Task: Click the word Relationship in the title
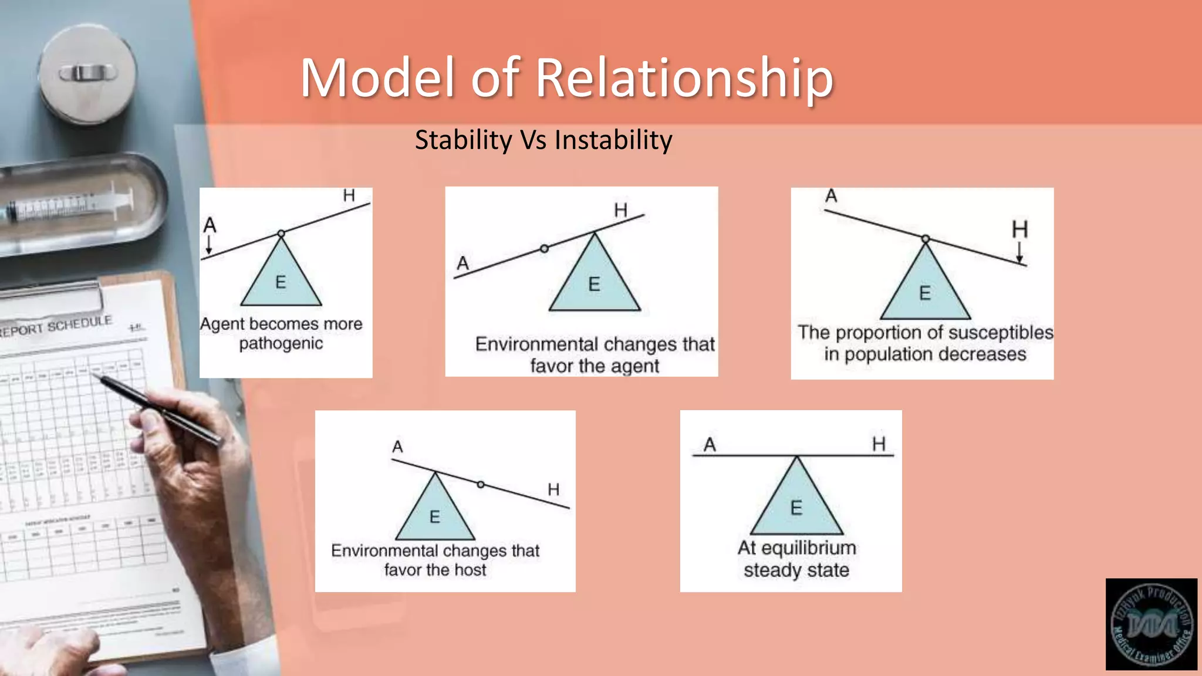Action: [x=684, y=78]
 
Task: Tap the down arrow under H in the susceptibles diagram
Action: [x=1019, y=252]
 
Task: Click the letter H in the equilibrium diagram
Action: [x=878, y=444]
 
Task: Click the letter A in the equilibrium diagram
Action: [x=710, y=445]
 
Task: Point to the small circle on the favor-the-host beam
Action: [x=481, y=485]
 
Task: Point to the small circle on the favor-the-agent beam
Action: [x=544, y=249]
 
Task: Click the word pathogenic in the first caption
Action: [x=281, y=343]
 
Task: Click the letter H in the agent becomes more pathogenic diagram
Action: [x=349, y=195]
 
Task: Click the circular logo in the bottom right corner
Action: [x=1151, y=624]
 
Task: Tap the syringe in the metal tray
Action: [x=70, y=207]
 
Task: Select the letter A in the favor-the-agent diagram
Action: [x=462, y=263]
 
